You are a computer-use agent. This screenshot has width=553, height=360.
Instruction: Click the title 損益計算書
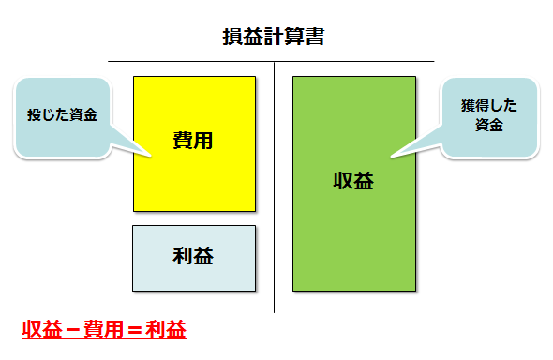[x=274, y=37]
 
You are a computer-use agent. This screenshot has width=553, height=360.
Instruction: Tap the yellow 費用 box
[x=194, y=143]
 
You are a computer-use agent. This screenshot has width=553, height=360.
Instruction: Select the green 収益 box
[x=354, y=184]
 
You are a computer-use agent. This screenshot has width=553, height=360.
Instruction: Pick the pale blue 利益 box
[x=194, y=259]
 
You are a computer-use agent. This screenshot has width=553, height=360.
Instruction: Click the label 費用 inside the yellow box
[x=193, y=141]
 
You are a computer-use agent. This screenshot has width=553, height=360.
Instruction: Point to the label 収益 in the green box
[x=353, y=181]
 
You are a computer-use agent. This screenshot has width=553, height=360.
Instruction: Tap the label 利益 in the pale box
[x=193, y=256]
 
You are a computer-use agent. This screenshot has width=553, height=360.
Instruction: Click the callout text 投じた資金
[x=62, y=115]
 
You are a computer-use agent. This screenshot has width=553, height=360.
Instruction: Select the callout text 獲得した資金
[x=489, y=115]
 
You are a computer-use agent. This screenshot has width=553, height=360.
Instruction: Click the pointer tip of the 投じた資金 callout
[x=151, y=156]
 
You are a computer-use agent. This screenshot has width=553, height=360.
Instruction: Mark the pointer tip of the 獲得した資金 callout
[x=391, y=157]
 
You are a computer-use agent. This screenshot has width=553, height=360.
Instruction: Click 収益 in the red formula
[x=42, y=329]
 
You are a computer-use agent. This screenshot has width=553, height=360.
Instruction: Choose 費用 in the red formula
[x=104, y=329]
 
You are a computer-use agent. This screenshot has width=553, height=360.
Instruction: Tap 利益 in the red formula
[x=166, y=329]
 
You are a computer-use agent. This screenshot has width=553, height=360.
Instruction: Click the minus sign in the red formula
[x=73, y=330]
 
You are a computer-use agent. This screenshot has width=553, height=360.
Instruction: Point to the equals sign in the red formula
[x=135, y=330]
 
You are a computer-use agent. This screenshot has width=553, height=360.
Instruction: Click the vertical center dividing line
[x=274, y=187]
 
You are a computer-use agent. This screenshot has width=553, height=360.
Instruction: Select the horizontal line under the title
[x=271, y=61]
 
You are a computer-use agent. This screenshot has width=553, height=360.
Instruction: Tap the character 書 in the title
[x=315, y=37]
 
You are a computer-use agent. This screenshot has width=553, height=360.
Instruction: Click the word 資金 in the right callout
[x=489, y=126]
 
